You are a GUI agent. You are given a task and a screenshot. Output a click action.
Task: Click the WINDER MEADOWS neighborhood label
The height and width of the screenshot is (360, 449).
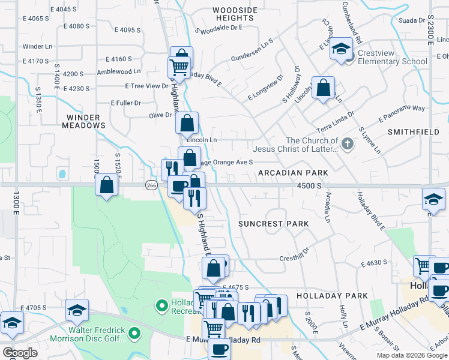(x=83, y=121)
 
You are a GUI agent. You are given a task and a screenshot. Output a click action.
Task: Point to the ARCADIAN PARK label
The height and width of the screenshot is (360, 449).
(x=293, y=173)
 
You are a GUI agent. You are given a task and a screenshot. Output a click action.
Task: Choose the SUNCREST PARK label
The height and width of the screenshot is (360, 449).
(x=273, y=224)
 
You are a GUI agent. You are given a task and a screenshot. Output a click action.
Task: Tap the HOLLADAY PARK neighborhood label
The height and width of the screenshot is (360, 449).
(x=336, y=296)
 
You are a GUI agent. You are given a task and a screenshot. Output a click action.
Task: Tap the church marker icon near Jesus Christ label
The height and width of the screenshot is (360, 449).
(x=347, y=143)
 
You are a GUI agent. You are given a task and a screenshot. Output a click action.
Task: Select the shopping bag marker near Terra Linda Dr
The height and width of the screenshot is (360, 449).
(x=323, y=88)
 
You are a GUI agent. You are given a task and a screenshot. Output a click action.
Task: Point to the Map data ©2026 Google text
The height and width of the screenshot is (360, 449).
(x=411, y=355)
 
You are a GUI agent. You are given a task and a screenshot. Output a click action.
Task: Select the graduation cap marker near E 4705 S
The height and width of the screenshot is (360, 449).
(x=77, y=310)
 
